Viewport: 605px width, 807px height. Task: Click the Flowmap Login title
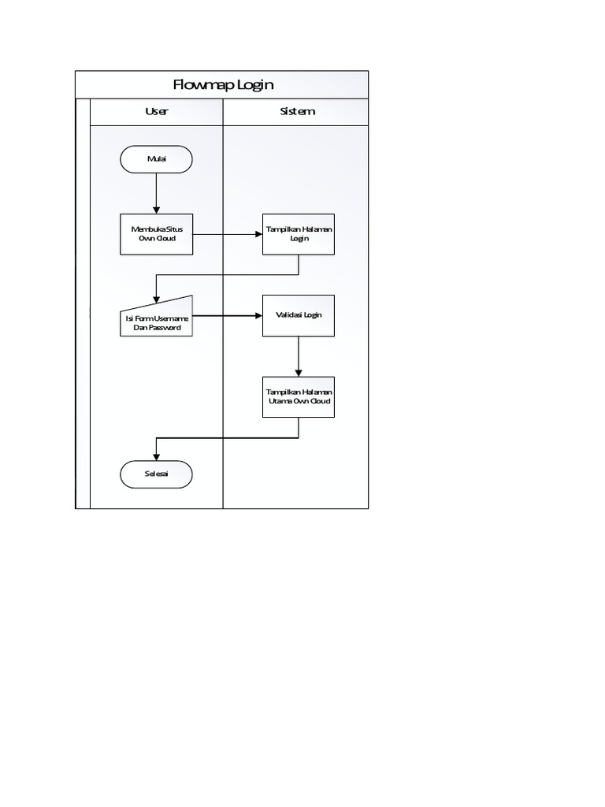coord(222,84)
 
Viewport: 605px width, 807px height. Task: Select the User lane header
coord(157,111)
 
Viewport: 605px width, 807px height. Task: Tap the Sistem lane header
coord(297,111)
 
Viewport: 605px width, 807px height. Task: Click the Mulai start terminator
coord(156,159)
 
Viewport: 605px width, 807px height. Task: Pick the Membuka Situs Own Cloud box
coord(156,234)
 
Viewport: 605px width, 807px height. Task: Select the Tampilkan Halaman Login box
coord(299,234)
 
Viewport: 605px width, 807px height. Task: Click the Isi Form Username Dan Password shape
coord(156,318)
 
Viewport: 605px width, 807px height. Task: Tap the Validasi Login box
coord(299,315)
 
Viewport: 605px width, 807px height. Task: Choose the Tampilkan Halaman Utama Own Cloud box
coord(299,396)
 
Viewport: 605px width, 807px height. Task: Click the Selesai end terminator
coord(156,474)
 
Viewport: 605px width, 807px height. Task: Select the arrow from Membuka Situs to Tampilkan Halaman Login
coord(228,234)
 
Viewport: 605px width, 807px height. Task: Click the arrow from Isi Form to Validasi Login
coord(228,316)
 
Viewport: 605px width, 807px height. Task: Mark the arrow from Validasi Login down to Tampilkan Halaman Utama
coord(299,356)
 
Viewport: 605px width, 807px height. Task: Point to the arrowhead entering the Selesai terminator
coord(157,456)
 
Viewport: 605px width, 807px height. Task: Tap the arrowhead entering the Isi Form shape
coord(157,299)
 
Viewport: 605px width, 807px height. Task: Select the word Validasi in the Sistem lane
coord(288,315)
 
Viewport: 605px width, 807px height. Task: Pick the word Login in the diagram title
coord(254,84)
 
